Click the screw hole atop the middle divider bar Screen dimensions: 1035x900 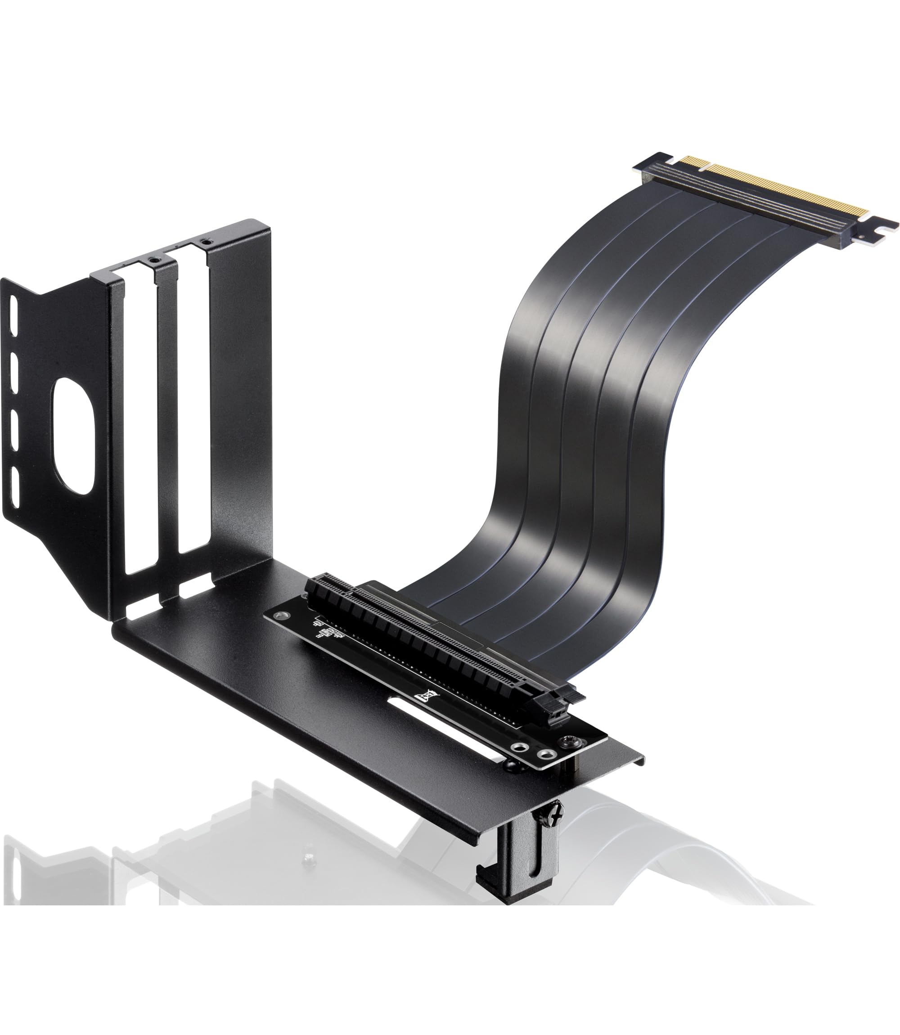tap(154, 260)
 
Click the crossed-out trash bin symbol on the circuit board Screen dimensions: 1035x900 tap(428, 695)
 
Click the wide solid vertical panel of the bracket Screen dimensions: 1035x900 tap(241, 391)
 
